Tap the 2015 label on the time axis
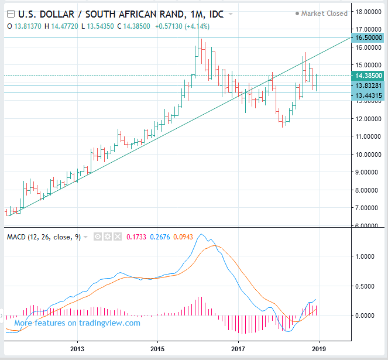157,349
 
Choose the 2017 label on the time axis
238,349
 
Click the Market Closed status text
324,13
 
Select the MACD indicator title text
43,237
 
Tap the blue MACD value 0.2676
161,237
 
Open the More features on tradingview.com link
77,323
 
